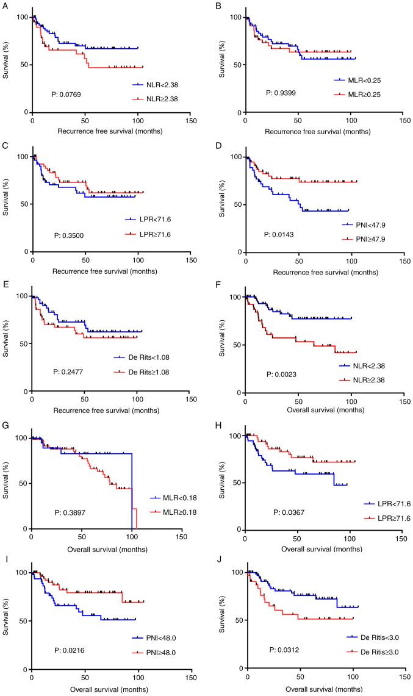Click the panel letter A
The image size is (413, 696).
[x=5, y=4]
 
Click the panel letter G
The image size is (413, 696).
[x=5, y=422]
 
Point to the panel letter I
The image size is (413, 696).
[x=4, y=561]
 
